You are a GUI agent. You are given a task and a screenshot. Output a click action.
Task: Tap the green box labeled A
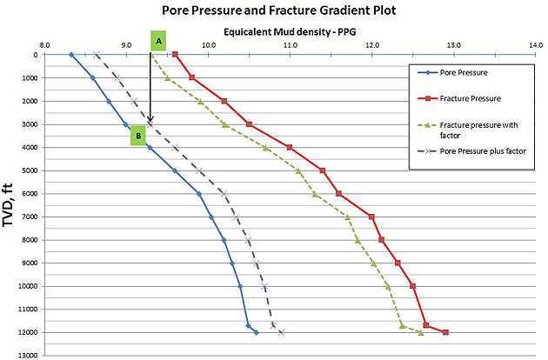(x=158, y=41)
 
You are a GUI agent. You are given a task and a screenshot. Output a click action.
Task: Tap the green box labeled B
(x=137, y=136)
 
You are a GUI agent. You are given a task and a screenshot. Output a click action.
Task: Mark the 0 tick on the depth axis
(x=34, y=55)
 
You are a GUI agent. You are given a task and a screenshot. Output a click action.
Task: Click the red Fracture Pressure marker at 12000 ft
(x=445, y=332)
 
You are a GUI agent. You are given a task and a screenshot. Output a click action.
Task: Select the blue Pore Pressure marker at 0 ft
(x=71, y=55)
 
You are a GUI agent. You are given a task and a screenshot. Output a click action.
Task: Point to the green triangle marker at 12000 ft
(x=421, y=332)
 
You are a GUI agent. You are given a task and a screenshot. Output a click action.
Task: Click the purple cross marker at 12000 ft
(x=281, y=332)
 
